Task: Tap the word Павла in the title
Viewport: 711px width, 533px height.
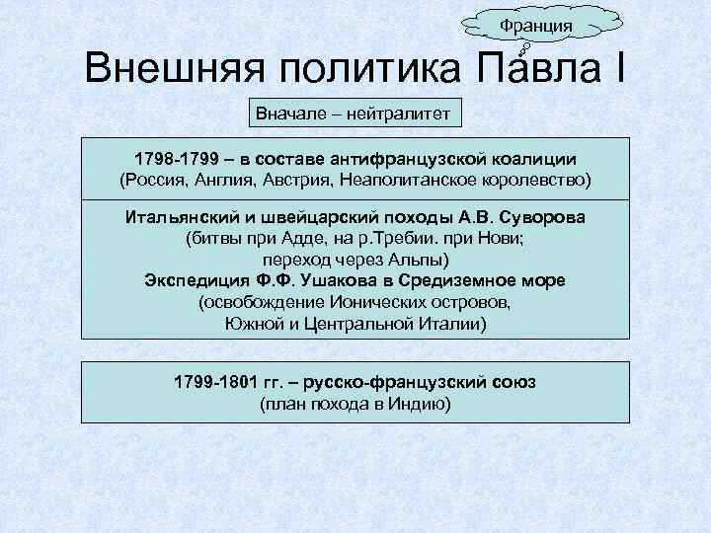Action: pos(539,71)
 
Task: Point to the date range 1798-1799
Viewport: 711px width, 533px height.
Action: pos(174,159)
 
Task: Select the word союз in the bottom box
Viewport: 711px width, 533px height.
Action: pos(512,381)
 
